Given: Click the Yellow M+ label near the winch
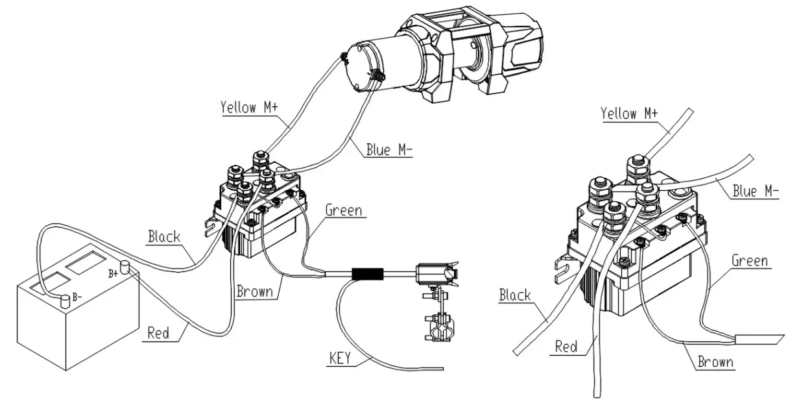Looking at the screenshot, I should click(x=250, y=107).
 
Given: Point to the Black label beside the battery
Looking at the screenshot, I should click(x=164, y=236).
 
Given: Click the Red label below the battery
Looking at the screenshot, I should click(x=158, y=333).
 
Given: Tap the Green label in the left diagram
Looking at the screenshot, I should click(x=343, y=210).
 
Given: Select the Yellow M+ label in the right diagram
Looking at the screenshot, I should click(x=629, y=114).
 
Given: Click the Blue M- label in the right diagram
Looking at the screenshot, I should click(x=755, y=191).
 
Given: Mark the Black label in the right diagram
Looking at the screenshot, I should click(x=515, y=296).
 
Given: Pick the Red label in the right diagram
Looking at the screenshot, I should click(x=566, y=347).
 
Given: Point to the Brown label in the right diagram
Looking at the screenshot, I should click(x=715, y=362).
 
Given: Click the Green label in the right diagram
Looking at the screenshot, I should click(x=750, y=261).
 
